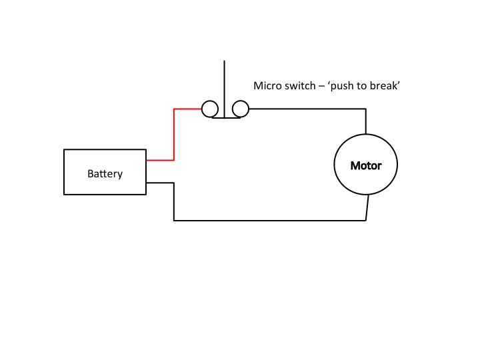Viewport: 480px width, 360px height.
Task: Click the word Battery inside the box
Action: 105,174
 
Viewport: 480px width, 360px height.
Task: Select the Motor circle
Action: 365,165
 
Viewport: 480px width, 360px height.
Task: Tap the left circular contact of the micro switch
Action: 209,109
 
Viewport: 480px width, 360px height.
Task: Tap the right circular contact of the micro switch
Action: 240,109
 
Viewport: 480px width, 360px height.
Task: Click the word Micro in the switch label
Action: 267,86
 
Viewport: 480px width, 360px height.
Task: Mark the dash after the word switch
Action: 321,86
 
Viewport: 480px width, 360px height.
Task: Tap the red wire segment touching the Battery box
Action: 160,160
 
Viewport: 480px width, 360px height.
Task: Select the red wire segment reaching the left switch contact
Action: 187,109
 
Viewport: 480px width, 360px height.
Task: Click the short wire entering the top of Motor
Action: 366,121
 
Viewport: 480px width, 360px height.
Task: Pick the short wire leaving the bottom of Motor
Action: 367,207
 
